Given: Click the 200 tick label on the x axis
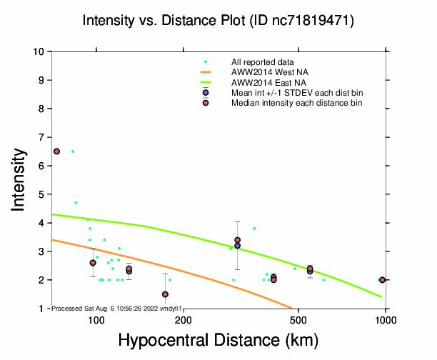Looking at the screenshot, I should pyautogui.click(x=183, y=320).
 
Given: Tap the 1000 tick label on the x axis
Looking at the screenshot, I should pyautogui.click(x=386, y=320).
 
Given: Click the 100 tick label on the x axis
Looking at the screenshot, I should pyautogui.click(x=96, y=320).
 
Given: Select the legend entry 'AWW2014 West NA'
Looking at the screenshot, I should pyautogui.click(x=264, y=72).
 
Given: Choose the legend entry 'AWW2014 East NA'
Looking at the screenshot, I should pyautogui.click(x=263, y=82).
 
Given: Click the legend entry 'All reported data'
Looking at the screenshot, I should pyautogui.click(x=262, y=62).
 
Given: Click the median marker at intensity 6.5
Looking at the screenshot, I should pyautogui.click(x=57, y=151).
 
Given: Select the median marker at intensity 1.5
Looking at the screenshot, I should pyautogui.click(x=165, y=294).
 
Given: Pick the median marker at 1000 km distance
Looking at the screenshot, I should pyautogui.click(x=382, y=280).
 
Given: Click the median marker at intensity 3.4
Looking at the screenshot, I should pyautogui.click(x=237, y=240).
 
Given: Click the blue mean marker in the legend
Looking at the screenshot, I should pyautogui.click(x=206, y=93).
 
